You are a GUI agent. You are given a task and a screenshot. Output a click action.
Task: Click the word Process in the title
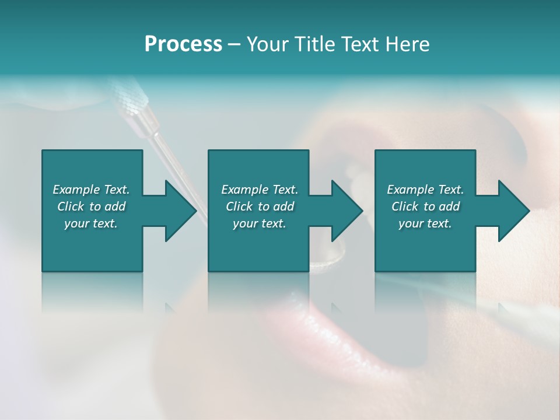point(183,44)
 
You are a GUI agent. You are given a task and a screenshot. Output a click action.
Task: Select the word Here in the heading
point(407,44)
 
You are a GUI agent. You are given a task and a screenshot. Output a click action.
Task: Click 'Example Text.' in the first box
point(91,190)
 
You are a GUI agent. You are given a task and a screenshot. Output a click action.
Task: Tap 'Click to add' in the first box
point(91,206)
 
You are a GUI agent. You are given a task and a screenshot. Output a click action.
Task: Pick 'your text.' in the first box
point(91,223)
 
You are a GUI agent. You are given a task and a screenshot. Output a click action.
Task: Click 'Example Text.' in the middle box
point(260,190)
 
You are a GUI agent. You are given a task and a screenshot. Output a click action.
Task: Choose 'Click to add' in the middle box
point(260,206)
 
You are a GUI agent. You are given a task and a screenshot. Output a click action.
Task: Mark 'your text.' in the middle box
point(260,223)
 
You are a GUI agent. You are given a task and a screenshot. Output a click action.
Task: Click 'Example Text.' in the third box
point(425,190)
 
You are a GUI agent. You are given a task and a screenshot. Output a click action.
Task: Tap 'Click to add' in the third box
point(425,206)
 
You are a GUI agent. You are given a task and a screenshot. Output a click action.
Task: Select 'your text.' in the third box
point(425,223)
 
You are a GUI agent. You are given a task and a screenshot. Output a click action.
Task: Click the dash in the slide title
point(235,44)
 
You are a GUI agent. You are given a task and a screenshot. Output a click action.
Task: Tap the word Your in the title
point(268,44)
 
